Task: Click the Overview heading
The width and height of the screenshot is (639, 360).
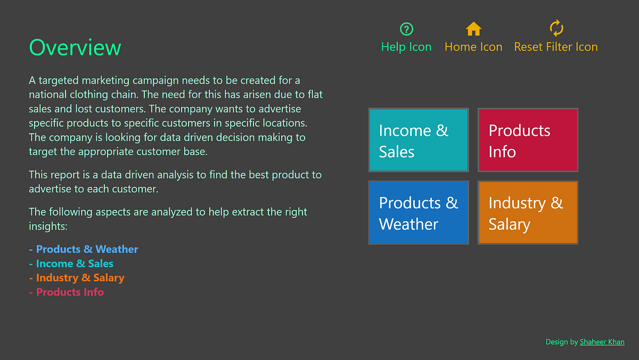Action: (75, 47)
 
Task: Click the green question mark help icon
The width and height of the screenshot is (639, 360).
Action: (406, 29)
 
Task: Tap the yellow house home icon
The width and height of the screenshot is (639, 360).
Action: (473, 29)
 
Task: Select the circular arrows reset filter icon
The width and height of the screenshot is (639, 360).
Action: (556, 28)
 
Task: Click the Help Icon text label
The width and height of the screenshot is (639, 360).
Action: (406, 47)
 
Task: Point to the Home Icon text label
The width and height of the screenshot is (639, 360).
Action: (473, 47)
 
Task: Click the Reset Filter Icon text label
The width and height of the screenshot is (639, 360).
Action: (556, 47)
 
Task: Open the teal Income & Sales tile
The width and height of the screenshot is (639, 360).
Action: (419, 140)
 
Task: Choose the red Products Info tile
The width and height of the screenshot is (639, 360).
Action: (528, 140)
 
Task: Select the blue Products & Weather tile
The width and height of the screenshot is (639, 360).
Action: (419, 212)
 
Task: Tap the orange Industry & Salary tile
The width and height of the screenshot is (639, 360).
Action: (528, 212)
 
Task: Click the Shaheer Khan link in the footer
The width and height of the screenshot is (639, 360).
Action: (602, 342)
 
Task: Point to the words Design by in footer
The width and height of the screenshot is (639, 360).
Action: (561, 342)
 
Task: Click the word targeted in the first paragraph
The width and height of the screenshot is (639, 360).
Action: (59, 80)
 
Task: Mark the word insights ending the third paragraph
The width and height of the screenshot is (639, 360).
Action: (48, 226)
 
